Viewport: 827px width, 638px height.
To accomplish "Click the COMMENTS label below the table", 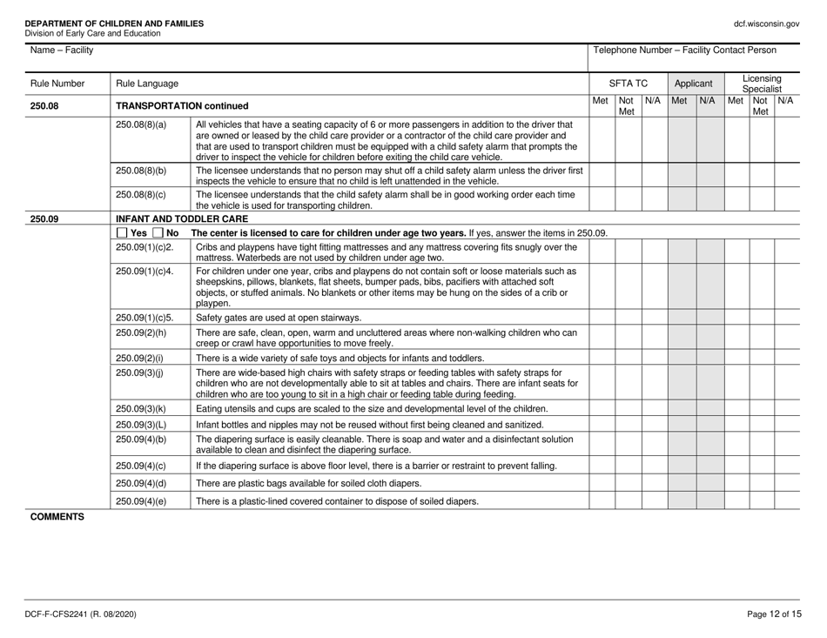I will point(54,516).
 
